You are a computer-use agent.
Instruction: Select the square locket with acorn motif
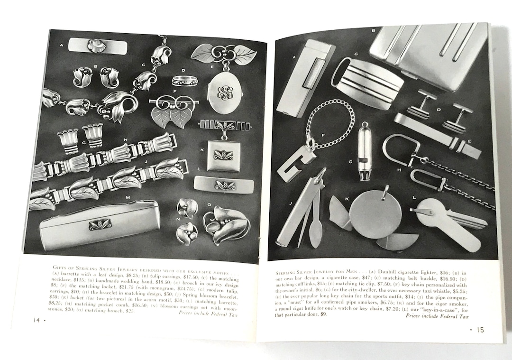coord(223,155)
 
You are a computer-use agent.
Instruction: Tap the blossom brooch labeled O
coord(227,224)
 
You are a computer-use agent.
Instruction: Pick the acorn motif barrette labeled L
coord(223,185)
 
